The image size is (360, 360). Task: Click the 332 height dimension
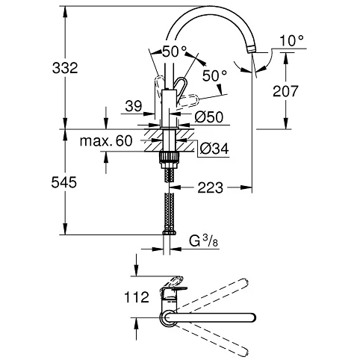pos(65,68)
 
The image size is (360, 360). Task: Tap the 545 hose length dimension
pos(64,182)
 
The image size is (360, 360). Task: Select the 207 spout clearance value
pos(285,91)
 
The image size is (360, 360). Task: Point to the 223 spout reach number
pos(211,187)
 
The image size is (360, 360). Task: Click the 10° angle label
pos(292,40)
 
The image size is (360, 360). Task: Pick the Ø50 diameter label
pos(209,117)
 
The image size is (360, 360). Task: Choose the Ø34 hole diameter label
pos(214,149)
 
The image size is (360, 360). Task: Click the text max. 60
pos(106,141)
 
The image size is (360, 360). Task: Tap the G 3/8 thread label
pos(203,241)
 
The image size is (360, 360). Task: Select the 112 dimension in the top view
pos(137,297)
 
